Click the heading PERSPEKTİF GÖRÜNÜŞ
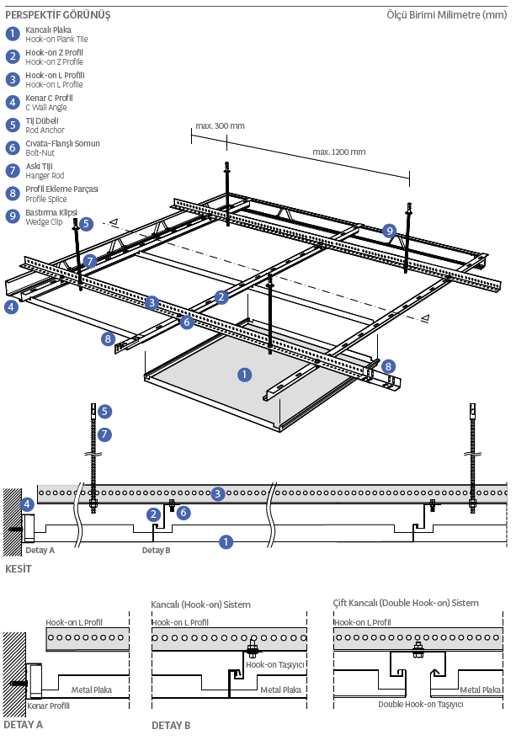point(58,15)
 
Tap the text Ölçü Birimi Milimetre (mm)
point(447,15)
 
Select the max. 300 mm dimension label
point(220,126)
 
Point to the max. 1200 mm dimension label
point(339,152)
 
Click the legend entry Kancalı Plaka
point(48,29)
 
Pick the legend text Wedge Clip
point(44,221)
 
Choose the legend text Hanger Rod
point(45,176)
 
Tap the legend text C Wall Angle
point(46,107)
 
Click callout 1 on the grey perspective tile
point(245,375)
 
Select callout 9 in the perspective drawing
point(389,231)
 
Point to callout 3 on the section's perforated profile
point(218,493)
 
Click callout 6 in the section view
point(184,513)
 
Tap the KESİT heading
point(19,569)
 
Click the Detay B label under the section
point(156,551)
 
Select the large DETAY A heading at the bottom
point(23,725)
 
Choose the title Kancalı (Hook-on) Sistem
point(200,605)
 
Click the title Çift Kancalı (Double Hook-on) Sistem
point(406,603)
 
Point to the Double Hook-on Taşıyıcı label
point(421,704)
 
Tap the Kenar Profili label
point(48,706)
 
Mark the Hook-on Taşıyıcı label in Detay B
point(275,665)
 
